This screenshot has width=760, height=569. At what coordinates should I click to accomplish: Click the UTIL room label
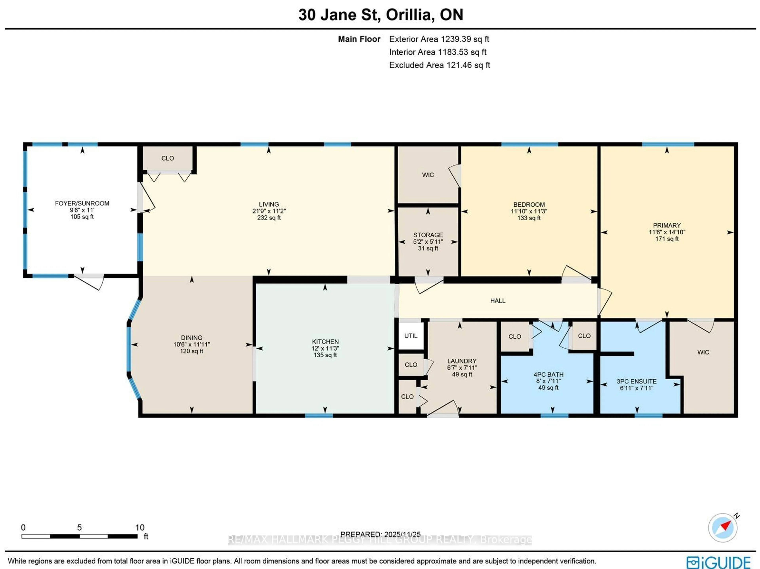click(x=411, y=336)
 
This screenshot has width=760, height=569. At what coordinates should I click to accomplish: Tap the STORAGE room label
click(x=428, y=235)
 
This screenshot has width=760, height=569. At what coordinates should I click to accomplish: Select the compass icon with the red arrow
click(x=723, y=527)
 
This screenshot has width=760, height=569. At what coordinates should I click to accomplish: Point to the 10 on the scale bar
click(x=140, y=527)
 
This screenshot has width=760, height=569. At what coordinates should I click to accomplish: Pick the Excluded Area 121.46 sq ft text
click(x=439, y=65)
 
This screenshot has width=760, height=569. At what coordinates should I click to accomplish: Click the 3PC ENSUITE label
click(x=636, y=381)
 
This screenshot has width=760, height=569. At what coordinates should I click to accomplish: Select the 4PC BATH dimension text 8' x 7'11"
click(x=548, y=381)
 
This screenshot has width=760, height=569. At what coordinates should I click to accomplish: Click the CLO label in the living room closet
click(x=168, y=158)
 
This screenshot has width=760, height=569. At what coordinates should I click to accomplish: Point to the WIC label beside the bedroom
click(x=428, y=175)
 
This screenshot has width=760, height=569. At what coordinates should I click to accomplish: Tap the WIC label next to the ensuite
click(x=703, y=352)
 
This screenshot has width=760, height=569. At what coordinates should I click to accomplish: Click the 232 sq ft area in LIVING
click(x=269, y=218)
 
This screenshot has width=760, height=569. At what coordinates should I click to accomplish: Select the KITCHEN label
click(x=325, y=342)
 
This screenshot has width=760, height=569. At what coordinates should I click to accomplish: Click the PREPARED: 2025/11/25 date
click(x=380, y=534)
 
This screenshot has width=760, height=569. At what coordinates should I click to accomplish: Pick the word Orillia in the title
click(x=408, y=15)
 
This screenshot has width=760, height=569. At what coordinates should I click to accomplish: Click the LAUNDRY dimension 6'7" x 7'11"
click(x=462, y=368)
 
